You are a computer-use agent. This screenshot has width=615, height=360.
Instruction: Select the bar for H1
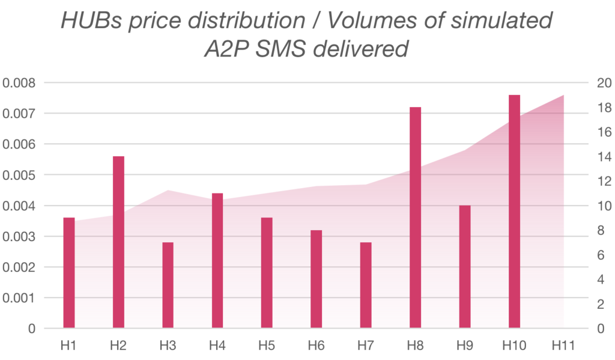tap(69, 273)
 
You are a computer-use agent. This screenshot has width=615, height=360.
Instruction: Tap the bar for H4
tap(217, 261)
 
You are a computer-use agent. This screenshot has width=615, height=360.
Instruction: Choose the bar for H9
tap(465, 267)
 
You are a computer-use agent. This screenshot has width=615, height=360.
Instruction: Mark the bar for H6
tap(317, 279)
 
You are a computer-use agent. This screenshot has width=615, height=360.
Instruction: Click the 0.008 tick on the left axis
tap(19, 83)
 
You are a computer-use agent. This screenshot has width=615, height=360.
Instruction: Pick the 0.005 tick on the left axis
tap(19, 175)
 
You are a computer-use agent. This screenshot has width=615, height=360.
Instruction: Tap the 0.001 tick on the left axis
tap(19, 298)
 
